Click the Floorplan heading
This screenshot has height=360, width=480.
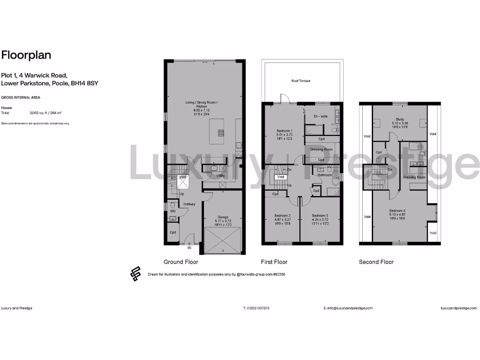click(x=26, y=55)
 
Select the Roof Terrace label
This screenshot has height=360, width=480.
click(x=301, y=81)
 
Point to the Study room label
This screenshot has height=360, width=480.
click(x=400, y=120)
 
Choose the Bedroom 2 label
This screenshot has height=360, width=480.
click(x=283, y=216)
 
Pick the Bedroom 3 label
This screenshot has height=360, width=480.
click(x=321, y=216)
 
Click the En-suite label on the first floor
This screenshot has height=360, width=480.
click(x=320, y=115)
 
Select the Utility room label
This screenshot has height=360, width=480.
click(x=220, y=176)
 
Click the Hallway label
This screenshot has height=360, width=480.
click(x=189, y=204)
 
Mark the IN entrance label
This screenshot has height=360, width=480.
click(x=189, y=247)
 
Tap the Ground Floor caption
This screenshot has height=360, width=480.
click(x=180, y=262)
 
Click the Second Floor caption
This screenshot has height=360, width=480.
click(x=376, y=262)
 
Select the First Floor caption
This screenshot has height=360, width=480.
click(x=274, y=262)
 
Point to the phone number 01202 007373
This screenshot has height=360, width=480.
click(x=256, y=308)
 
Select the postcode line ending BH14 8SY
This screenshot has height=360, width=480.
click(x=49, y=83)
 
